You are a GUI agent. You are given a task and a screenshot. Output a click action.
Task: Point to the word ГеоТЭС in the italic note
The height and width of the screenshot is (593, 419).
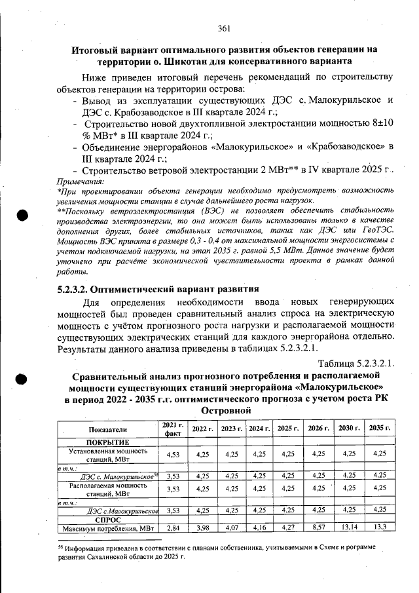pyautogui.click(x=374, y=231)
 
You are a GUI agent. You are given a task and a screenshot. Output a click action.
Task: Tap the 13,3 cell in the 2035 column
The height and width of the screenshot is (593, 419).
pyautogui.click(x=378, y=527)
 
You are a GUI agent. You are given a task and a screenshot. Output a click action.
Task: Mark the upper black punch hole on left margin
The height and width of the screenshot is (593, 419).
pyautogui.click(x=22, y=216)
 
